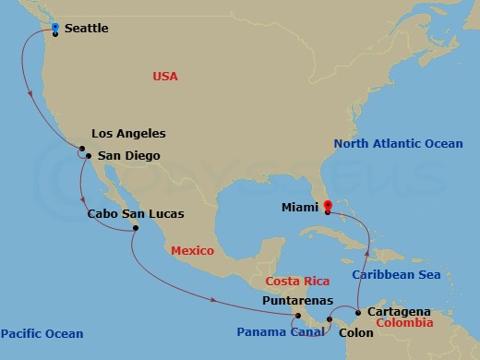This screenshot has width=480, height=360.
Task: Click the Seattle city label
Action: point(87,29)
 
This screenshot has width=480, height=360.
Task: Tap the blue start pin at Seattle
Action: point(55,27)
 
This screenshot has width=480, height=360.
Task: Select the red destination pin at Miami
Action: point(328,204)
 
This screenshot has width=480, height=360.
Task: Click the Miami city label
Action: point(301,209)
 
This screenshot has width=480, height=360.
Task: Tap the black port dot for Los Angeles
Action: point(82,150)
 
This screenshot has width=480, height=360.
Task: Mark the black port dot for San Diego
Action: point(88,156)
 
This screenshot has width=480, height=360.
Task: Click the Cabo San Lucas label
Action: point(135,214)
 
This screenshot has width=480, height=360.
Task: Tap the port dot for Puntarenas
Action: point(298,315)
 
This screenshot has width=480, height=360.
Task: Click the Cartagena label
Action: point(398,312)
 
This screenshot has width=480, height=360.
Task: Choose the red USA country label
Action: point(165,77)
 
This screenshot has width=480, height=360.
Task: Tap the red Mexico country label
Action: point(192,251)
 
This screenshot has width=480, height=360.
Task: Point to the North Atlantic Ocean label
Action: point(398,143)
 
